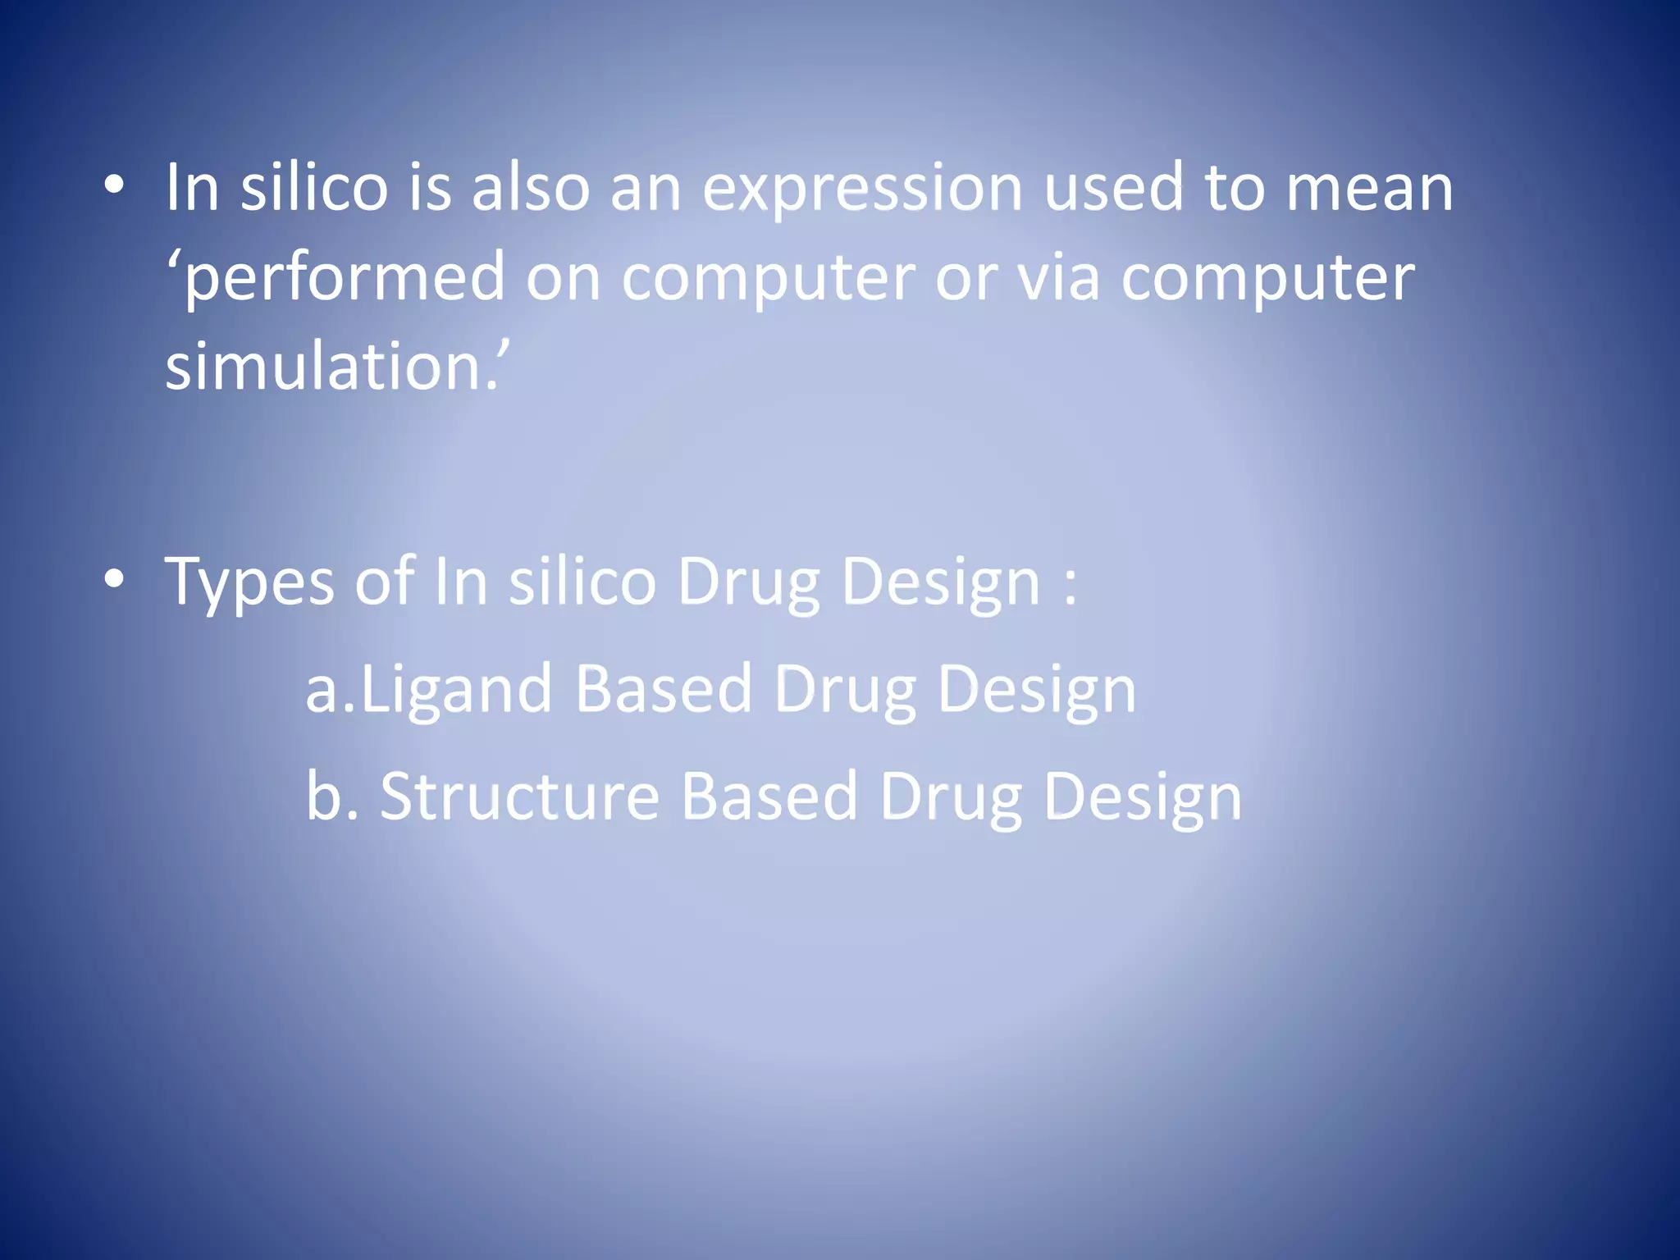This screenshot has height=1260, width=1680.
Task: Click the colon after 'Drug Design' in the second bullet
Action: point(1070,584)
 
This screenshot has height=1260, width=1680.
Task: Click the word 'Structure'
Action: point(519,796)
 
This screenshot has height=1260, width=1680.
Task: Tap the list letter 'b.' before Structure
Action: point(331,796)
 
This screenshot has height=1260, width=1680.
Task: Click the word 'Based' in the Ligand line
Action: point(663,689)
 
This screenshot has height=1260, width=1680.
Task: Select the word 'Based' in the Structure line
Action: point(769,796)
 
